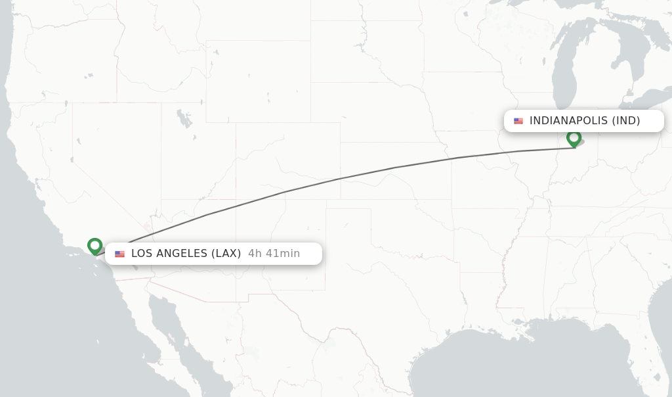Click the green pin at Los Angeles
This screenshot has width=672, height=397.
tap(95, 246)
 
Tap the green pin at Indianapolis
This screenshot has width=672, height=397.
tap(574, 138)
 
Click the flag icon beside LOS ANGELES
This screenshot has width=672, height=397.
tap(119, 254)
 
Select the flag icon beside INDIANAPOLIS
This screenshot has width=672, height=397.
tap(518, 121)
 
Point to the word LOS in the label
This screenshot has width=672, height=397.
tap(141, 254)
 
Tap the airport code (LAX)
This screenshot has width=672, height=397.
tap(226, 254)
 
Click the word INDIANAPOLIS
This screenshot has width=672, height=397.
tap(568, 121)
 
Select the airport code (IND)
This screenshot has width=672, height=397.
tap(626, 121)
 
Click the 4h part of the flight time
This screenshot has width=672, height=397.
tap(255, 254)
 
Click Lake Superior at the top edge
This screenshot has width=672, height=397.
tap(518, 5)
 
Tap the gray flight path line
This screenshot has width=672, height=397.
tap(338, 179)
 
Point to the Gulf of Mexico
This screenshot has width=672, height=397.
tap(525, 362)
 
